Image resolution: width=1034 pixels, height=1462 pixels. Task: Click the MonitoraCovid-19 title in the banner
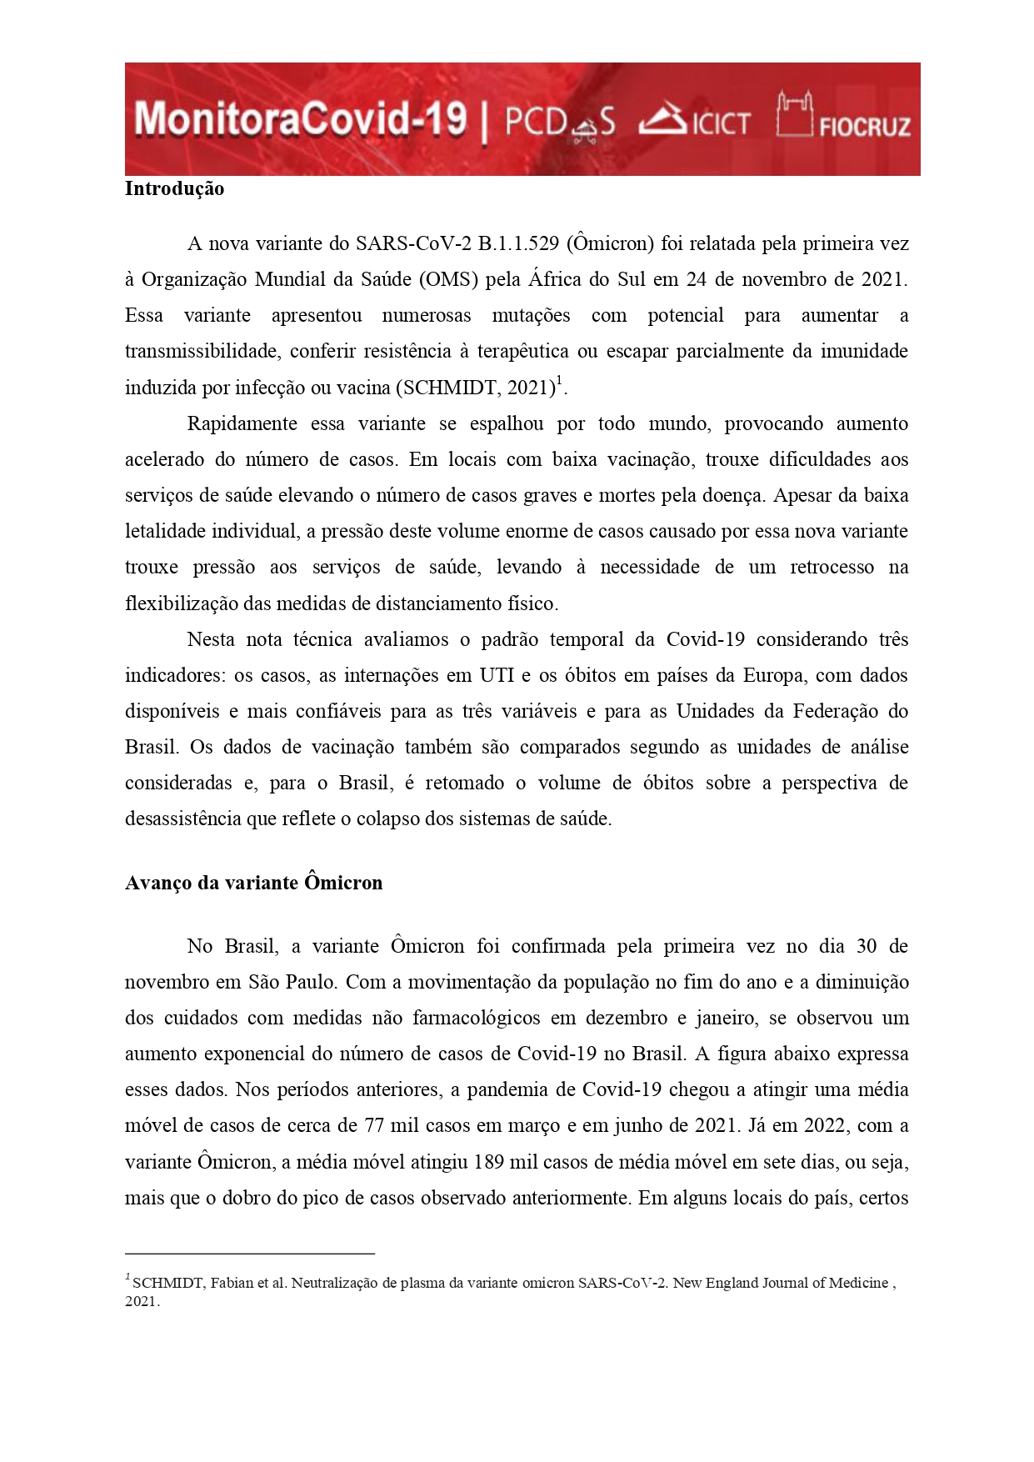tap(300, 119)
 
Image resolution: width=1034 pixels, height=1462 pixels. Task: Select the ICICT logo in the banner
tap(695, 121)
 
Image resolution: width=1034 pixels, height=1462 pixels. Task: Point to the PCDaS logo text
tap(560, 123)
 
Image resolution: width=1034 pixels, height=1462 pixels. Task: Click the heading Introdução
tap(174, 188)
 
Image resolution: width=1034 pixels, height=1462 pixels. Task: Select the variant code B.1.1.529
tap(518, 243)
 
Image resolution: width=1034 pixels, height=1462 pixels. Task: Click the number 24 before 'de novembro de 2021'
tap(697, 279)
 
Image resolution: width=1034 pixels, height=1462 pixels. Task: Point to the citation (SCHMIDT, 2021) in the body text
tap(476, 388)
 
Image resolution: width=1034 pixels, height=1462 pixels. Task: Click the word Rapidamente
tap(242, 423)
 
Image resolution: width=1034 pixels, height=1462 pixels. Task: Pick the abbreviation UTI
tap(497, 675)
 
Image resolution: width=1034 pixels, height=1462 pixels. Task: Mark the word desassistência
tap(182, 819)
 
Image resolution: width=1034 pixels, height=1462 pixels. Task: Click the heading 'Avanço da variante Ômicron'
tap(253, 883)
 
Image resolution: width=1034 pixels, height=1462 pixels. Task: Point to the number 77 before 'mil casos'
tap(374, 1125)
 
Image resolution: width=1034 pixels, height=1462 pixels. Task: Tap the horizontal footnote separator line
tap(249, 1253)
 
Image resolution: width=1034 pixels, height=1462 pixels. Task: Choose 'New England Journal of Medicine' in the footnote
tap(780, 1283)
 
